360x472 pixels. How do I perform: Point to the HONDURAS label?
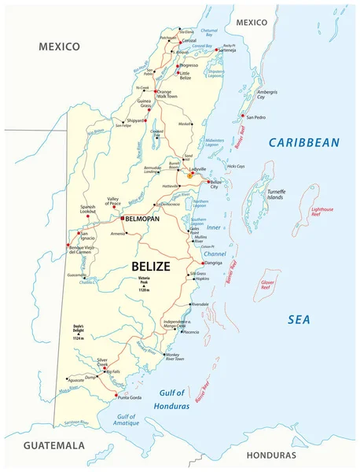click(271, 455)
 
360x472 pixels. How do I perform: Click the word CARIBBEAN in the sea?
click(303, 142)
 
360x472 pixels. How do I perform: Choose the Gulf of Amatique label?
click(127, 420)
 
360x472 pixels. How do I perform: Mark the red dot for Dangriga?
click(203, 264)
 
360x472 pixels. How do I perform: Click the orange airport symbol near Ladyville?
click(189, 177)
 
